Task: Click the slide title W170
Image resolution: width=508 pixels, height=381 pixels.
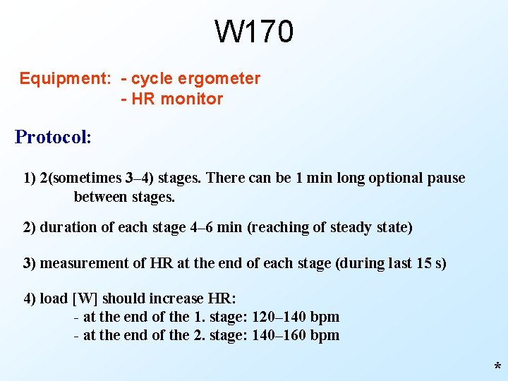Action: pyautogui.click(x=254, y=32)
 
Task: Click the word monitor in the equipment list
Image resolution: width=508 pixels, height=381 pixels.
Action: pyautogui.click(x=191, y=99)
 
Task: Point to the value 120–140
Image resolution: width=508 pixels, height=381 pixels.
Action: pyautogui.click(x=279, y=317)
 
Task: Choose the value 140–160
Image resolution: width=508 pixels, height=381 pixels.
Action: pyautogui.click(x=279, y=335)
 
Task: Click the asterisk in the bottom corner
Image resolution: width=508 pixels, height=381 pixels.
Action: pyautogui.click(x=497, y=368)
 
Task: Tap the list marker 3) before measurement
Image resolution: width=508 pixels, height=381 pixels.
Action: pyautogui.click(x=30, y=264)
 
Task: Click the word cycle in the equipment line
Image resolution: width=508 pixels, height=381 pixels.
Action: pyautogui.click(x=150, y=78)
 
